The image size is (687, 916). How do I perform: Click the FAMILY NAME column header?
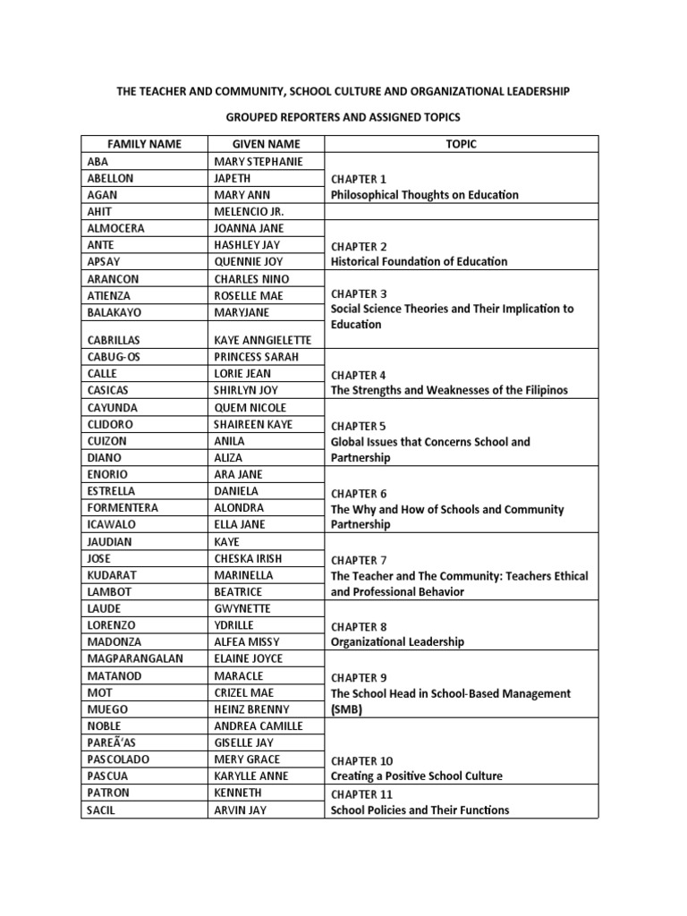(144, 144)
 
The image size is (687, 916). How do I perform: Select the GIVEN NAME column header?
(266, 144)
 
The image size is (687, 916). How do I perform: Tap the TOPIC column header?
(462, 144)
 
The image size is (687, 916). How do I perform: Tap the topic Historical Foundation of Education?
(419, 262)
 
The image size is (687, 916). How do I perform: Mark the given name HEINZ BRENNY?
(252, 709)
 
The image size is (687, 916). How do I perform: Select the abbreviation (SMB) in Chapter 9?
(348, 709)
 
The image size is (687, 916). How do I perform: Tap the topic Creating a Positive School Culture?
(416, 776)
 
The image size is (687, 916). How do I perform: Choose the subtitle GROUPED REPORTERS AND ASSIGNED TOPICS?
(343, 117)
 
